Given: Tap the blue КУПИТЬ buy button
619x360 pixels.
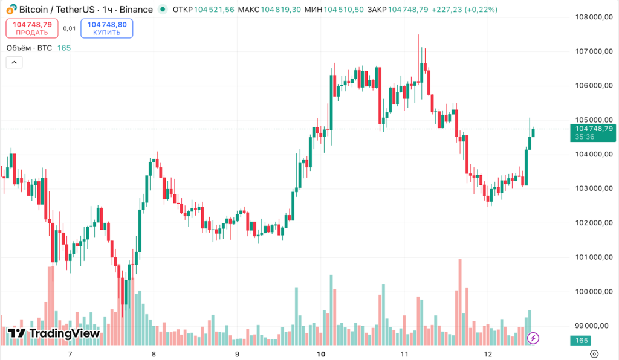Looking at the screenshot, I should pyautogui.click(x=107, y=28).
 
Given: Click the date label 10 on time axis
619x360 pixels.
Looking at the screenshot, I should pyautogui.click(x=321, y=354).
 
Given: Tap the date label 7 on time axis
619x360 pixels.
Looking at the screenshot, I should pyautogui.click(x=70, y=354).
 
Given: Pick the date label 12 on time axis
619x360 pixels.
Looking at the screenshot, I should pyautogui.click(x=488, y=354).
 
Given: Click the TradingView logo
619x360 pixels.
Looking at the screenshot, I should pyautogui.click(x=53, y=333).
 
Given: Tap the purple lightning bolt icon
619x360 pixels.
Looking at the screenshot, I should pyautogui.click(x=533, y=338).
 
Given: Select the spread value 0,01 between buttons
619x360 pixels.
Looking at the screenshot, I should pyautogui.click(x=70, y=28).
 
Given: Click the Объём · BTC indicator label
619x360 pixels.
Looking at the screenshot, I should pyautogui.click(x=29, y=48).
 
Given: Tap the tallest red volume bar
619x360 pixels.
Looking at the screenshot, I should pyautogui.click(x=460, y=302).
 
